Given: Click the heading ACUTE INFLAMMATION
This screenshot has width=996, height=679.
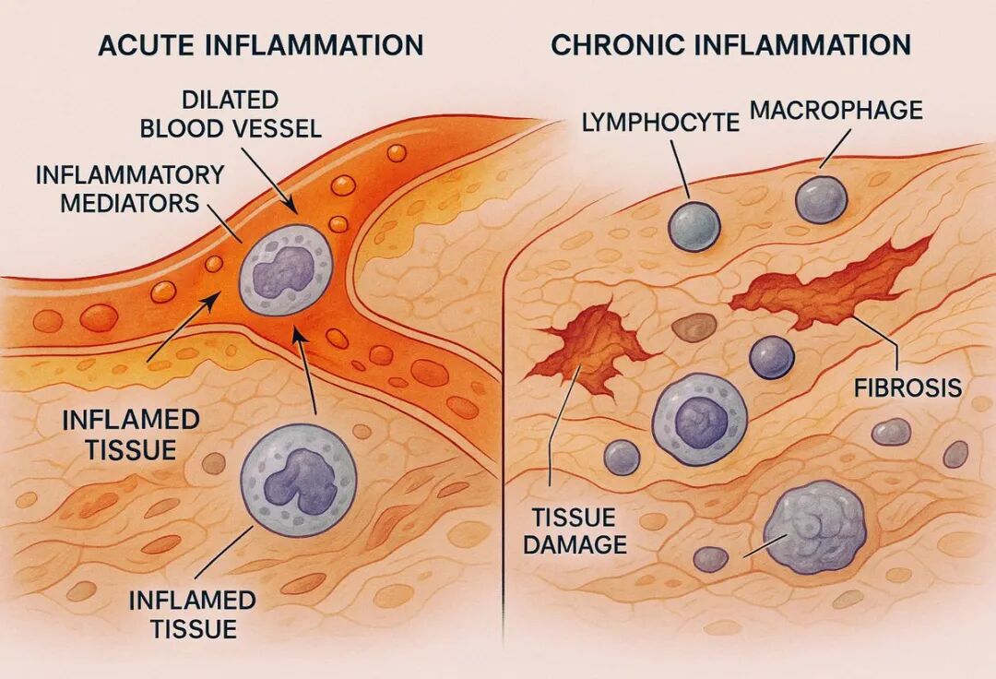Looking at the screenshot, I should tap(260, 45).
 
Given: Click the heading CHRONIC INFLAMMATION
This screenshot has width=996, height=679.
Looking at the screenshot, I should tap(730, 44).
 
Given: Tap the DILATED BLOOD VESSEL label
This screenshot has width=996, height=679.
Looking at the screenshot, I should tap(231, 113).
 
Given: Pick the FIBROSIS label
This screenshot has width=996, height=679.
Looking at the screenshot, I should tap(908, 387).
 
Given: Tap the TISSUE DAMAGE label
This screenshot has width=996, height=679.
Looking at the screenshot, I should tap(575, 530).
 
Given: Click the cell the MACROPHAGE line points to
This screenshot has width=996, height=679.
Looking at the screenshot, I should tap(821, 199).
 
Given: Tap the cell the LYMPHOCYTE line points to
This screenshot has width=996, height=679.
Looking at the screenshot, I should tap(694, 226).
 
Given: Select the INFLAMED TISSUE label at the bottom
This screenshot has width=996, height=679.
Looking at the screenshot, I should tap(192, 614).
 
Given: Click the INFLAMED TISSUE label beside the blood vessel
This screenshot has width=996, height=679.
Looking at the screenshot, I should tap(131, 434).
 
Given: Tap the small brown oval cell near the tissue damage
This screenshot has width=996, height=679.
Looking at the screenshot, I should tap(694, 327).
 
